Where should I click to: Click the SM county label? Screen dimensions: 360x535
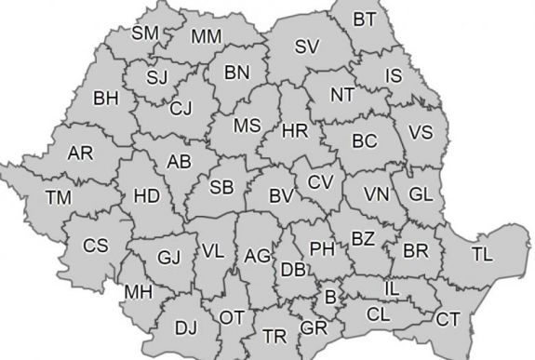tap(145, 33)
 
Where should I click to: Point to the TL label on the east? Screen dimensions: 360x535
tap(482, 253)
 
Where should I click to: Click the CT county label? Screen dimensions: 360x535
tap(448, 319)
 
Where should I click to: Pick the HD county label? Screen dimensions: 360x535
tap(147, 195)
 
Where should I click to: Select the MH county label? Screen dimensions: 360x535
tap(138, 293)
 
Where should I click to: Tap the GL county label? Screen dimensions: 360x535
tap(421, 194)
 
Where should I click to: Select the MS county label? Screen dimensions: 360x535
tap(247, 126)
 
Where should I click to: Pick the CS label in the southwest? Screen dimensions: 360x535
tap(96, 246)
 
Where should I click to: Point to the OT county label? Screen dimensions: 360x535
tap(233, 317)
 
